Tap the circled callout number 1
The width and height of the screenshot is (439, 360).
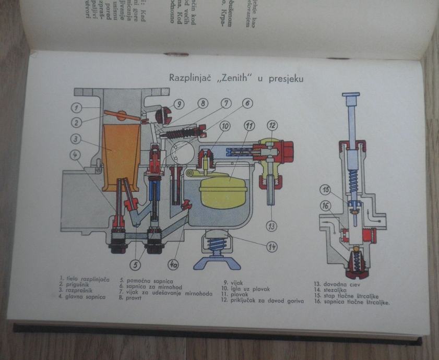(76, 108)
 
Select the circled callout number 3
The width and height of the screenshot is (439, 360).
(76, 139)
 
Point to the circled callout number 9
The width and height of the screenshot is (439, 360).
(179, 104)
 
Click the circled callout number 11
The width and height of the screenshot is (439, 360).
(250, 126)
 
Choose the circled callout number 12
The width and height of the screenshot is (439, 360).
(272, 125)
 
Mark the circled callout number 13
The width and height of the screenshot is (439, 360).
(271, 225)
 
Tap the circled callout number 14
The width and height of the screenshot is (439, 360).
(271, 246)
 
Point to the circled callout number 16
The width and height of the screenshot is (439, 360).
(326, 206)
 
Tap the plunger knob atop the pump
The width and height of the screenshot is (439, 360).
(351, 97)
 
